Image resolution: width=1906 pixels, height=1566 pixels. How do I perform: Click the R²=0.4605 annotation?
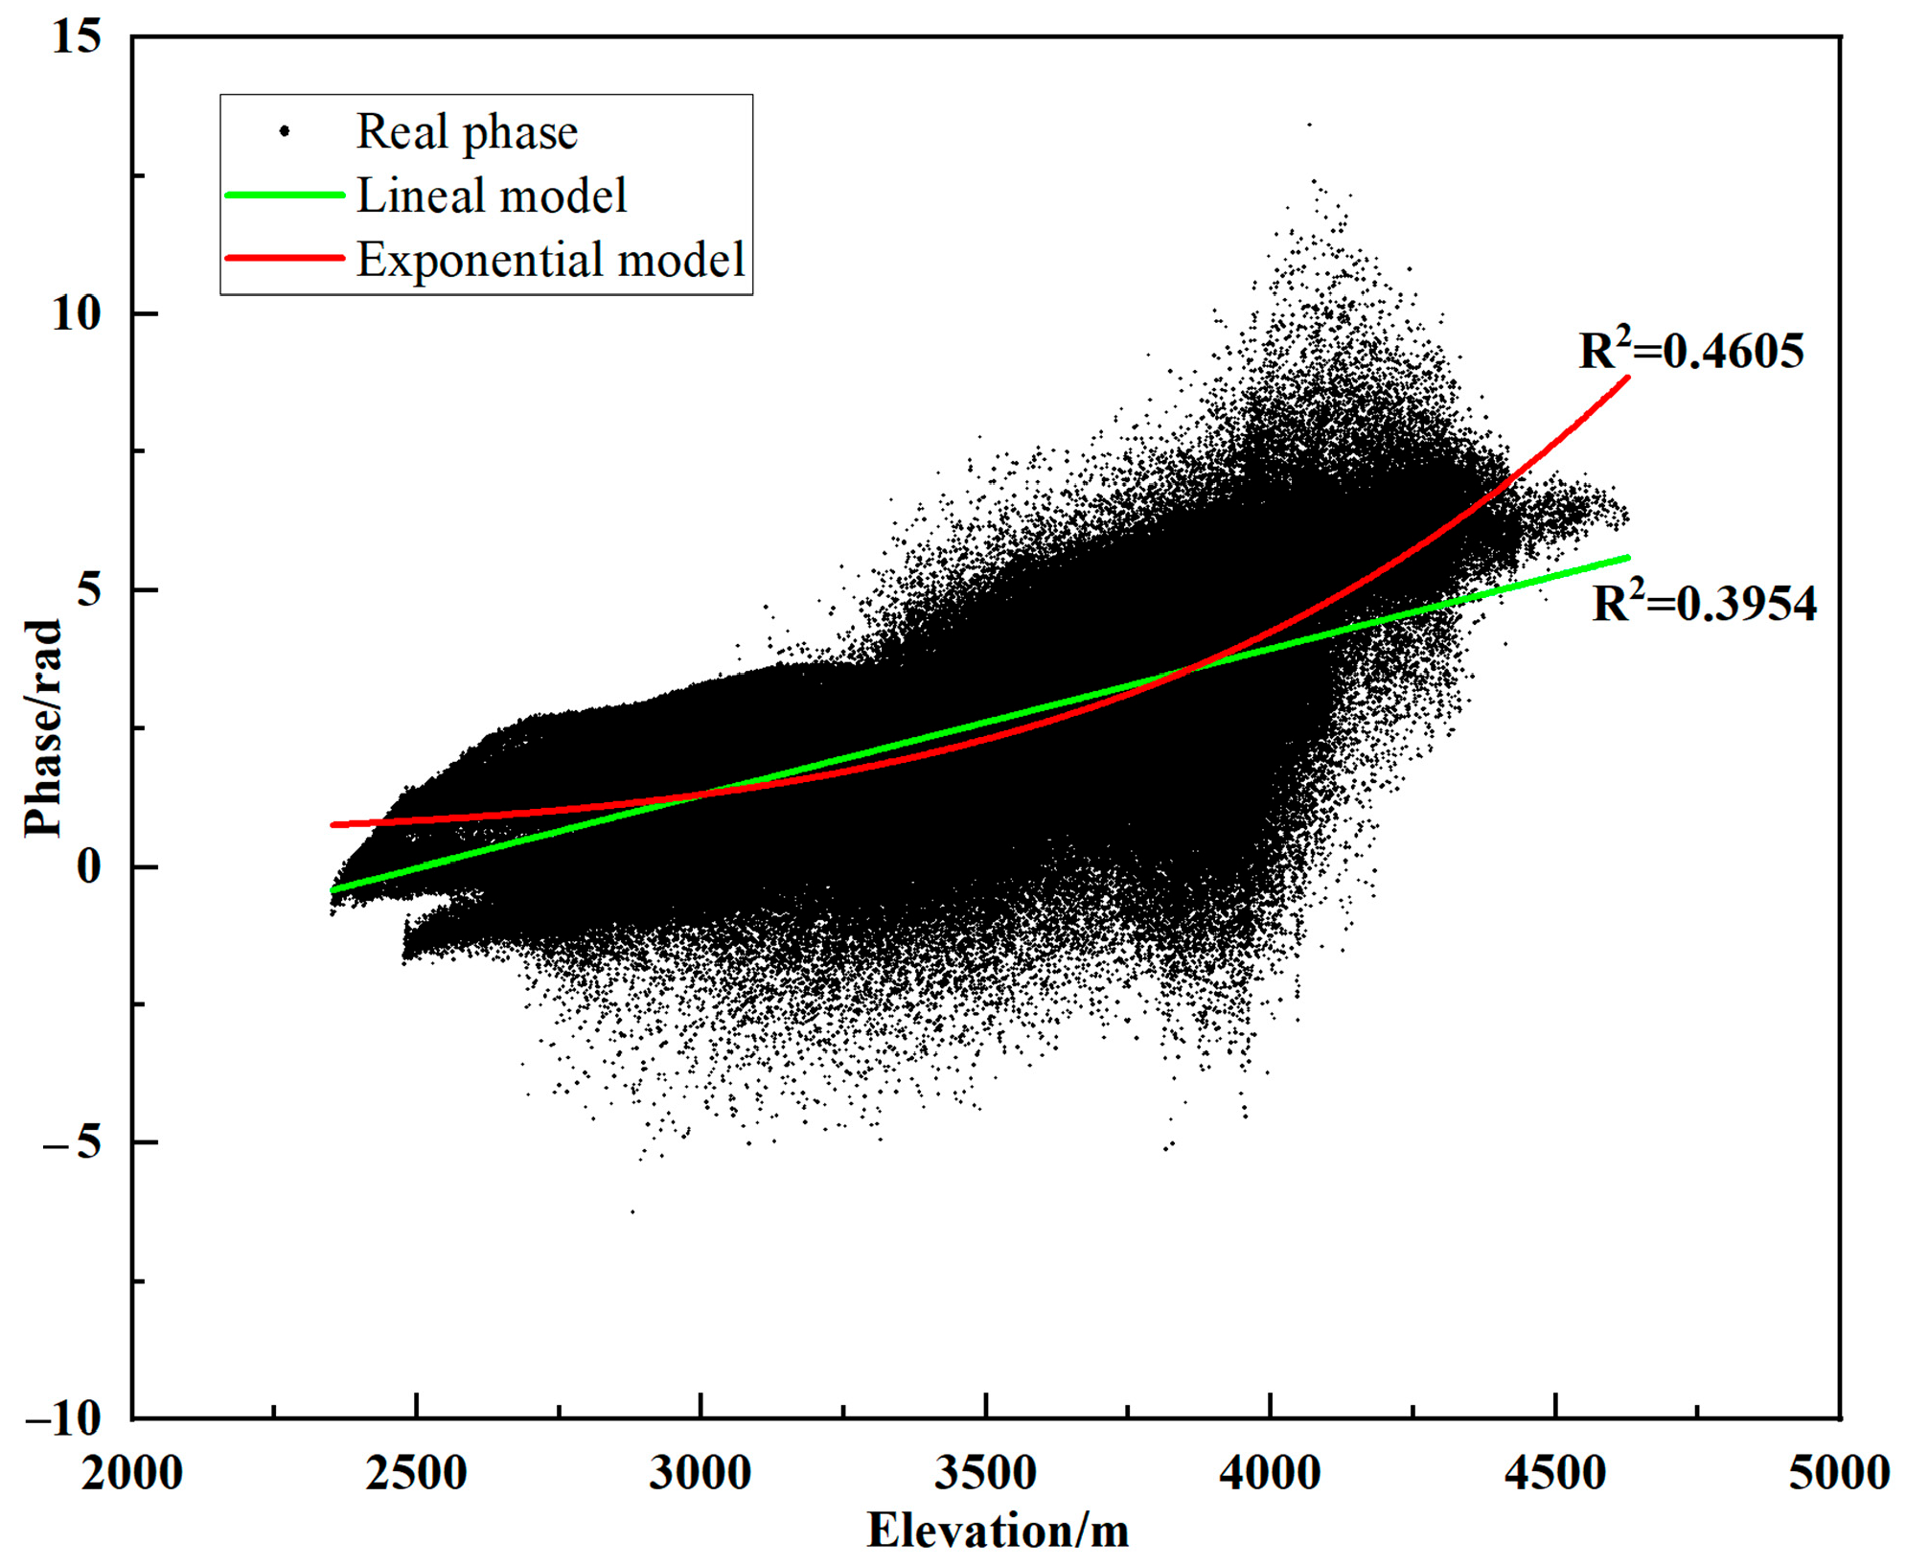[1690, 352]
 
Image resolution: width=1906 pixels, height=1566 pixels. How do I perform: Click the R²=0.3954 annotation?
[1704, 604]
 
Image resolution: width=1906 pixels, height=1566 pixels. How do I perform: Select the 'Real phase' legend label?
[467, 132]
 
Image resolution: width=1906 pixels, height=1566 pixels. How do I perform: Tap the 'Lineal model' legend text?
[492, 196]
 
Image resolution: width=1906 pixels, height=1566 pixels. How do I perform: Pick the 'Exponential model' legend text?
[551, 259]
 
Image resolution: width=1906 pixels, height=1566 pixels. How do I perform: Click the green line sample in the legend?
[285, 196]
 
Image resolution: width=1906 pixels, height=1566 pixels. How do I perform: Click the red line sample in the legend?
[285, 258]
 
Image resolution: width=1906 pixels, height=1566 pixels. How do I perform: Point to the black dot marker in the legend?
[285, 131]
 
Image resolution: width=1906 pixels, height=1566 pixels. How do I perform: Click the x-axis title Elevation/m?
[998, 1530]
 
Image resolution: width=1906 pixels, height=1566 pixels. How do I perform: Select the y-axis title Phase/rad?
[43, 728]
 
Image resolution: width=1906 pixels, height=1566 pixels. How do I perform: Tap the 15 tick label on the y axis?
[76, 38]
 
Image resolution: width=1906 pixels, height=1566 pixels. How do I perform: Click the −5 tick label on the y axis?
[71, 1142]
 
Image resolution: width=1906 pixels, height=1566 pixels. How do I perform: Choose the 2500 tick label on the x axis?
[416, 1473]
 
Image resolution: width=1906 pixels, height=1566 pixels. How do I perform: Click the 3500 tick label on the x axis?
[985, 1473]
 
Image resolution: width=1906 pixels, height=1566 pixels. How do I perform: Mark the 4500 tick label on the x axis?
[1554, 1473]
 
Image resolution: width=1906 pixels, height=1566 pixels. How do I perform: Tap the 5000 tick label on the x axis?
[1838, 1473]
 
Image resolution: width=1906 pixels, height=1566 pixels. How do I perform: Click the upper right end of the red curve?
[1627, 379]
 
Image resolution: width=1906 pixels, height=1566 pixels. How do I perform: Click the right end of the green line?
[1627, 557]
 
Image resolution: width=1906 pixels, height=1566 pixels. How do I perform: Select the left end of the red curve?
[333, 824]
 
